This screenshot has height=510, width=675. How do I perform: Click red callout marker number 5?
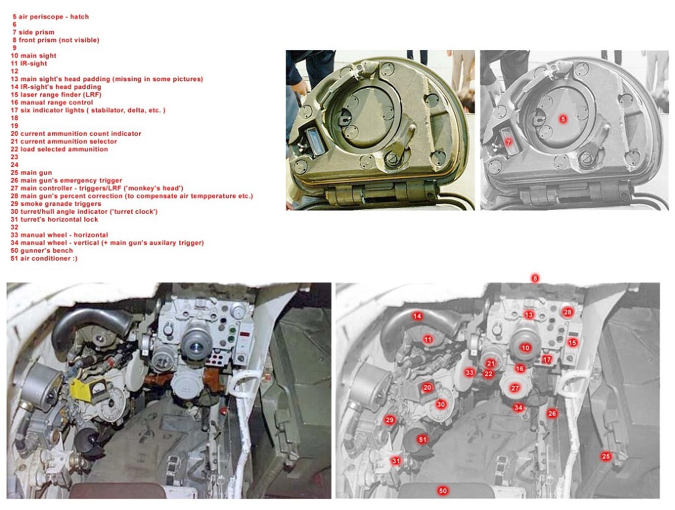coord(564,119)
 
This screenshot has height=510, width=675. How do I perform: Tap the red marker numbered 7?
coord(509,142)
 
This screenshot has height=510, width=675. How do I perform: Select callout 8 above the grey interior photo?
coord(535,278)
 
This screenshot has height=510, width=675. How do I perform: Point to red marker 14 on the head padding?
coord(417,316)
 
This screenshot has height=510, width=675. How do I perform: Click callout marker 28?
coord(568,312)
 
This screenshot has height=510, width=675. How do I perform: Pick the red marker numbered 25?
coord(606,456)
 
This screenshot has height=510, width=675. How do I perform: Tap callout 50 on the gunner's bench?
coord(442,491)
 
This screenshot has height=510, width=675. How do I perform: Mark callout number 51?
coord(423,439)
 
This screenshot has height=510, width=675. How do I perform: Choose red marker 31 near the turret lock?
coord(396,461)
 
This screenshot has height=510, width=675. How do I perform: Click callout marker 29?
coord(390,420)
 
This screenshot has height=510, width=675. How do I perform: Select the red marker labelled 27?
coord(515,388)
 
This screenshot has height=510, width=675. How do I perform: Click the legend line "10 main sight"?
coord(34,55)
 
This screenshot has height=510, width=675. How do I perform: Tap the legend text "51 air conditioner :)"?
coord(44,259)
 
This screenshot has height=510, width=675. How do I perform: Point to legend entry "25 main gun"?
coord(32,173)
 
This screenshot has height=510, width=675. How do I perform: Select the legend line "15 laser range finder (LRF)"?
coord(56,95)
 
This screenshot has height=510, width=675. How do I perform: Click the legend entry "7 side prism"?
coord(34,32)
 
